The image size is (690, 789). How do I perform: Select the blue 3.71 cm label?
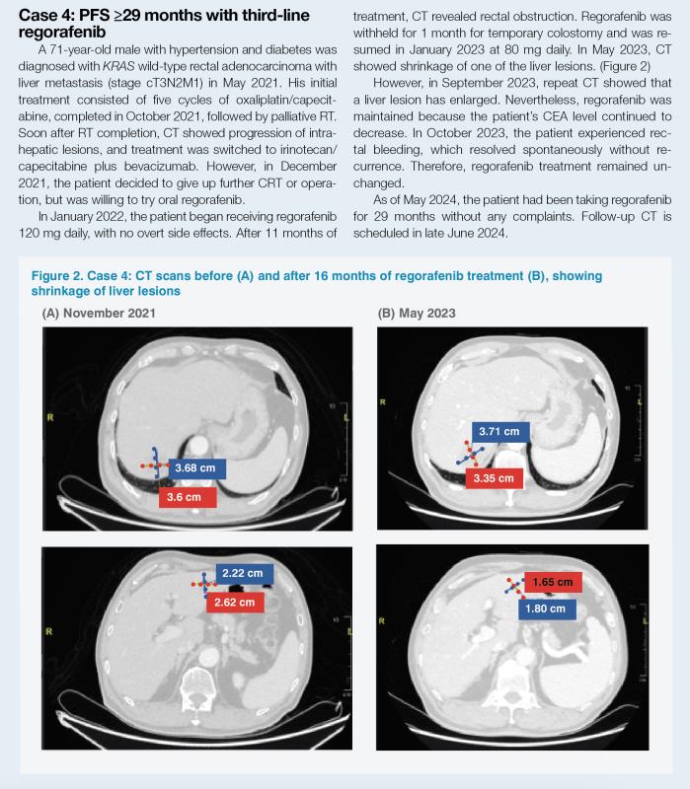(x=501, y=431)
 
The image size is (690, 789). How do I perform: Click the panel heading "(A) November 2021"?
(x=99, y=313)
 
